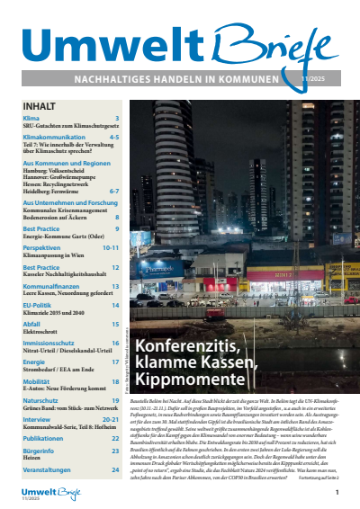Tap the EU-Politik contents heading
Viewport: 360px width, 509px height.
tap(40, 306)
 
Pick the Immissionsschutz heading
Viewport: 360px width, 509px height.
tap(50, 344)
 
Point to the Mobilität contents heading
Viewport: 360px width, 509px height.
tap(37, 381)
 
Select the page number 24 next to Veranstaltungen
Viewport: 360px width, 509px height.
tap(115, 469)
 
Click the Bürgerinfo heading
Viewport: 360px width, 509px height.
tap(39, 451)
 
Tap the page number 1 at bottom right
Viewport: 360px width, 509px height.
tap(337, 493)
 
